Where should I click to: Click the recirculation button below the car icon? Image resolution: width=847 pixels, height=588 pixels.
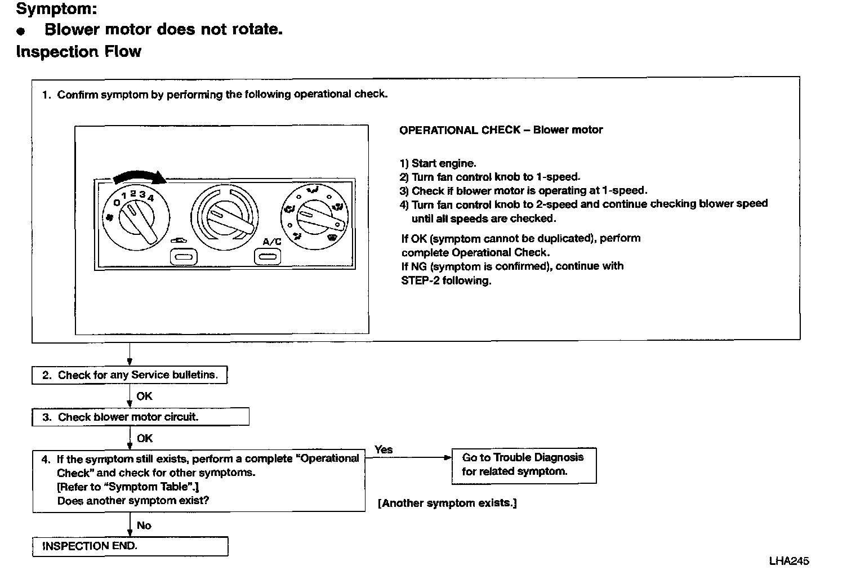[184, 257]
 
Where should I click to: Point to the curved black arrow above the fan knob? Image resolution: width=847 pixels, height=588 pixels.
[139, 177]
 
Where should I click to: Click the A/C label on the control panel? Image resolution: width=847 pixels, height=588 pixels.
[272, 242]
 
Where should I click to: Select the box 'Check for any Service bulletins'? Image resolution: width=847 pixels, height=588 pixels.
[130, 375]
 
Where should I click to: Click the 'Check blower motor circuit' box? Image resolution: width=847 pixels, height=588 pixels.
[140, 417]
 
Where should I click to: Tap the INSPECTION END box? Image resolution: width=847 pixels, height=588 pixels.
[130, 546]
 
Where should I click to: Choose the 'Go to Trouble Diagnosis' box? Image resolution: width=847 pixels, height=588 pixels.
[523, 465]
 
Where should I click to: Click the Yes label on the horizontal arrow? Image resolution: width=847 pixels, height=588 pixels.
[384, 449]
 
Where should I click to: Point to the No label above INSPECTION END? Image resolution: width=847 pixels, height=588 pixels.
[144, 525]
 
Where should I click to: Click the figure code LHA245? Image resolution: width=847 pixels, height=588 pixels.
[789, 561]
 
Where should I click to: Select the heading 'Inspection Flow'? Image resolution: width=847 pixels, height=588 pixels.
[79, 52]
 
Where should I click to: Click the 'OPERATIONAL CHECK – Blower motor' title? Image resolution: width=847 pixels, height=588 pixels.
[501, 130]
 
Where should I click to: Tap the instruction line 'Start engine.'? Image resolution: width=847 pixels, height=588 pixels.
[438, 163]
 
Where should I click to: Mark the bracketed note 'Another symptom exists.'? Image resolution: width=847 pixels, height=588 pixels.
[447, 503]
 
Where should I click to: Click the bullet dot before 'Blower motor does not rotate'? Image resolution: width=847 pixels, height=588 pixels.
[21, 30]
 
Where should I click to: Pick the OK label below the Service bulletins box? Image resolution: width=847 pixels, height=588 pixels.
[144, 396]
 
